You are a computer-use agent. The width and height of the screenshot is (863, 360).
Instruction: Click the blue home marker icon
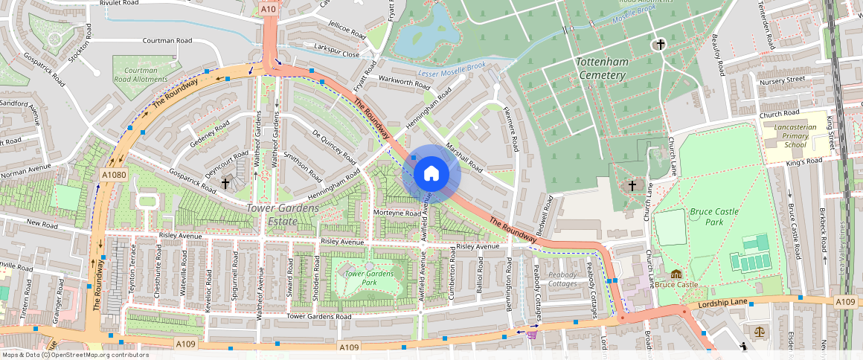tap(431, 174)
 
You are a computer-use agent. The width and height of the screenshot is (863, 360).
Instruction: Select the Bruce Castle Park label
tap(714, 216)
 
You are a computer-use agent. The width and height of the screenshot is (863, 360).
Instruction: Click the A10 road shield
tap(269, 9)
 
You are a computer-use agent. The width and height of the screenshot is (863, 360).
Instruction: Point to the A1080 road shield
tap(113, 174)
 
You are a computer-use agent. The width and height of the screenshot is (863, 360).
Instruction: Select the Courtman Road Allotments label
tap(140, 74)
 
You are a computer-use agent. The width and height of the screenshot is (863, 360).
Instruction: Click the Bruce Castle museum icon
tap(676, 274)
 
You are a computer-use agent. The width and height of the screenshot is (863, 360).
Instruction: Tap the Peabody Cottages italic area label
tap(562, 279)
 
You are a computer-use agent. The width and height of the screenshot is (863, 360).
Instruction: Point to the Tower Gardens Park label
tap(370, 277)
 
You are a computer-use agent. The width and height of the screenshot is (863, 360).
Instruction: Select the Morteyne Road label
tap(397, 213)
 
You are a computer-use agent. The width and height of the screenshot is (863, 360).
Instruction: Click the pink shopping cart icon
tap(531, 334)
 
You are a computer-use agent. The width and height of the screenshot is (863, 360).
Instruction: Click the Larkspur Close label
tap(336, 54)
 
